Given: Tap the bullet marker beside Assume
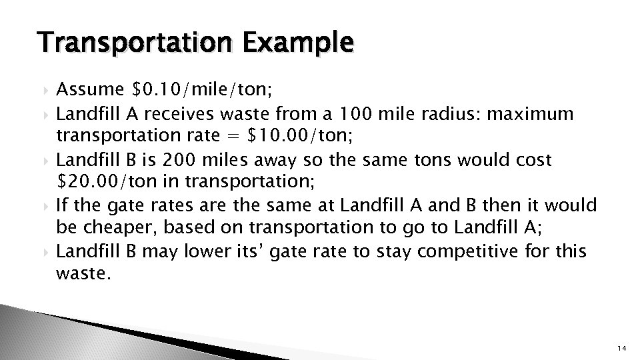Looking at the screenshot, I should [x=46, y=90].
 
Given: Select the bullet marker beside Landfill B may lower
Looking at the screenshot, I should [x=46, y=252].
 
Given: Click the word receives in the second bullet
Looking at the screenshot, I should [x=195, y=114].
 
